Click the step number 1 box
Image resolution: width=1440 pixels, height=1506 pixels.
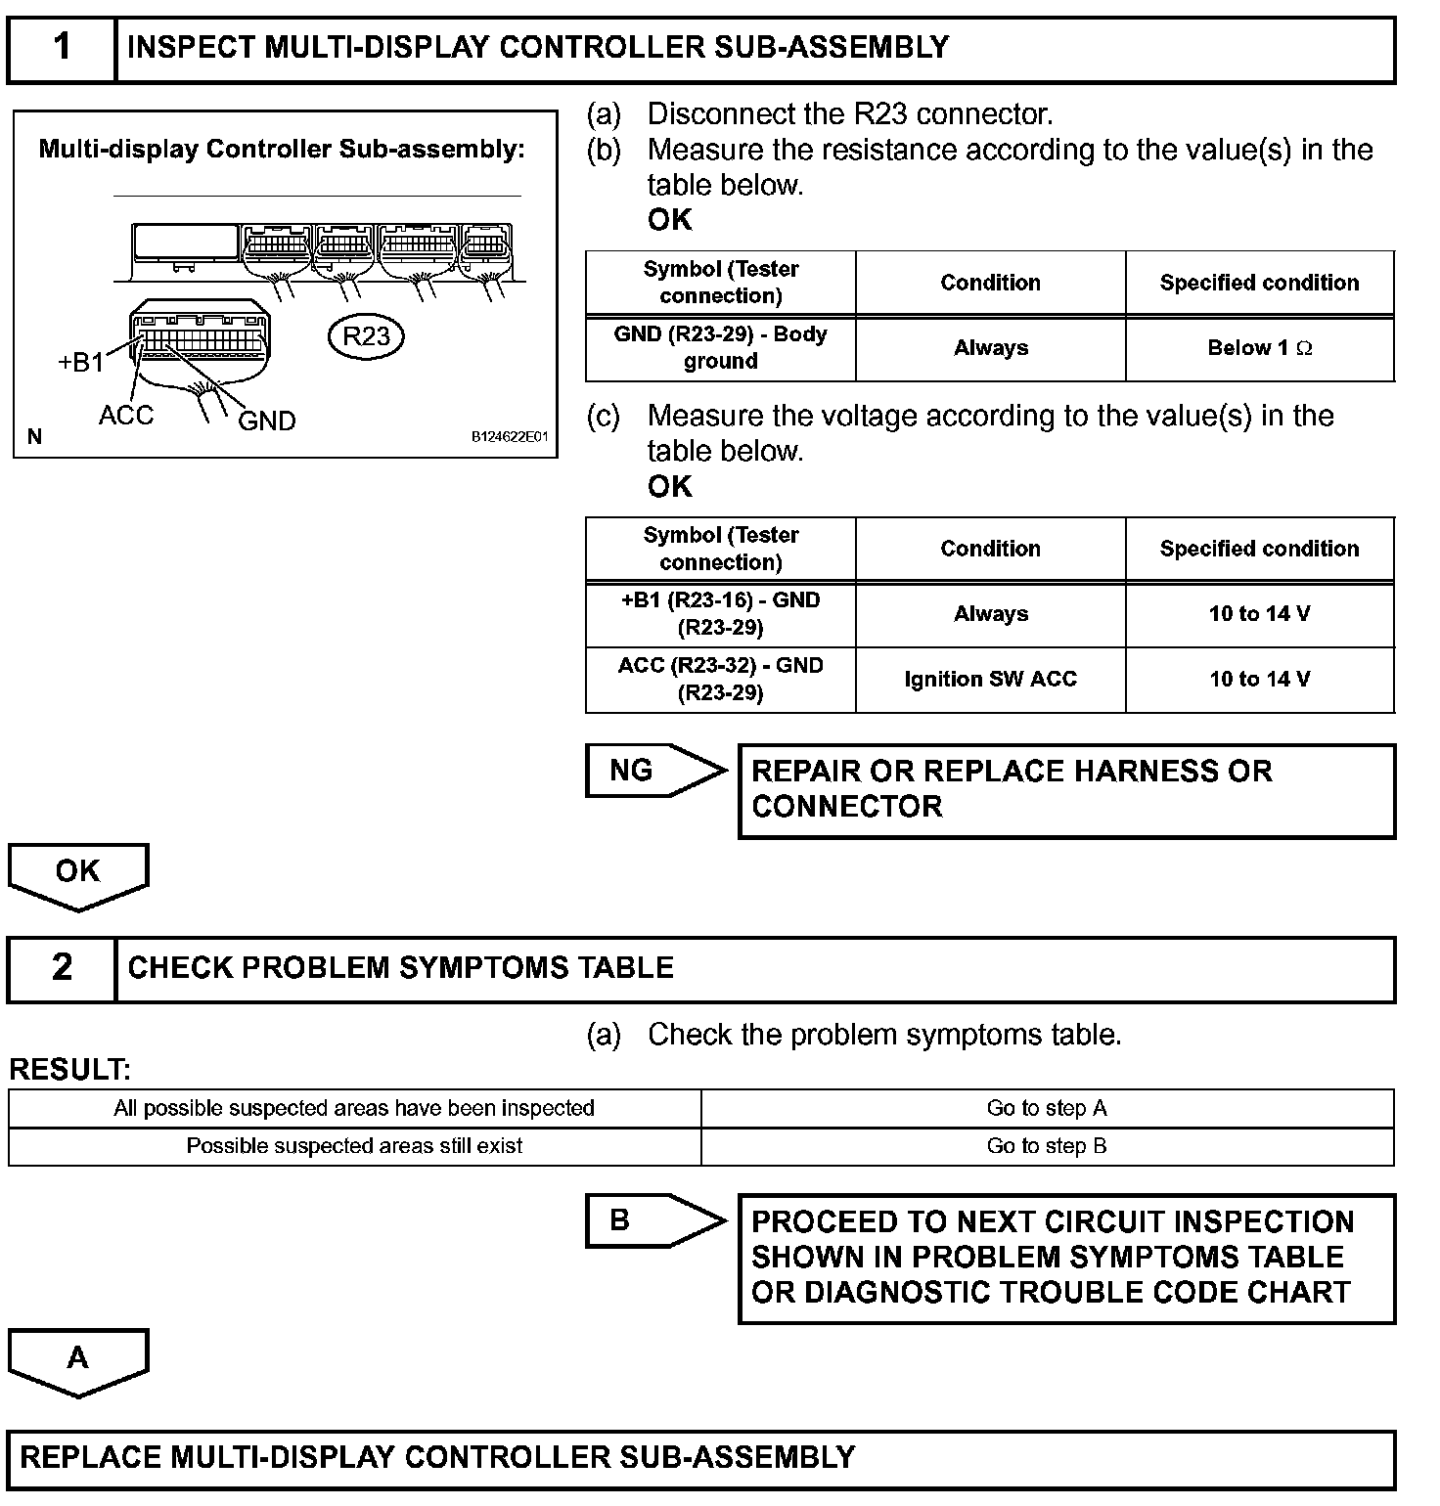(62, 48)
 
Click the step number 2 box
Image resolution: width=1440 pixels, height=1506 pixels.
(62, 968)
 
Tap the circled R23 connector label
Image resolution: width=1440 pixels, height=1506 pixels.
(366, 336)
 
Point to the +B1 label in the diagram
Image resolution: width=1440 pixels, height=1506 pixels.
(80, 363)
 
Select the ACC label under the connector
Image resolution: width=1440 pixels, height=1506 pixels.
(126, 416)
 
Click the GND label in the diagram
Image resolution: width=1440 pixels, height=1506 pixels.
(266, 421)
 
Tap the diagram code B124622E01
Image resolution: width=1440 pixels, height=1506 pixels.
(510, 437)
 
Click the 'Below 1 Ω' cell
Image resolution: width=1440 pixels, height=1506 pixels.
(1259, 348)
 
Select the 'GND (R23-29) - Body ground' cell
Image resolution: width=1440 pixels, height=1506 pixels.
(720, 348)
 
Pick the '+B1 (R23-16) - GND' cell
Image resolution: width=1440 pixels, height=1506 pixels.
(720, 614)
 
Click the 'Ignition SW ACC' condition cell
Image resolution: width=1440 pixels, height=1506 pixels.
(990, 680)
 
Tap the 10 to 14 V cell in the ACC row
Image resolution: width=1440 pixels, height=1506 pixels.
(1259, 680)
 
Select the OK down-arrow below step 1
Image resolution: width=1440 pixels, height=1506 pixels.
(78, 873)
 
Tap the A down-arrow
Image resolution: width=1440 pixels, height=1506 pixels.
(78, 1359)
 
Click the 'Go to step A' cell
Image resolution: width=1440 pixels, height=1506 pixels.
(1047, 1109)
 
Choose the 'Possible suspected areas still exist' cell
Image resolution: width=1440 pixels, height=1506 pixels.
(354, 1146)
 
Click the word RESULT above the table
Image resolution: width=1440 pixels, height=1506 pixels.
(69, 1070)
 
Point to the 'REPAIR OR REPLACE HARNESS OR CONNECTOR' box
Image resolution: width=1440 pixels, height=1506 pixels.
(1066, 790)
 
